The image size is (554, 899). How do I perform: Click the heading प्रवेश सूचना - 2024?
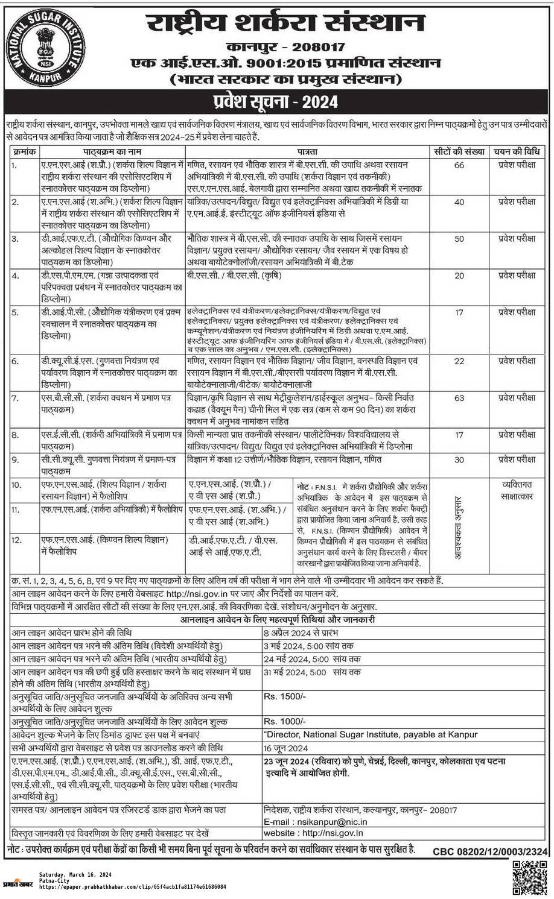pyautogui.click(x=277, y=100)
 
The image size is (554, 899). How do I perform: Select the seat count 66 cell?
pyautogui.click(x=459, y=165)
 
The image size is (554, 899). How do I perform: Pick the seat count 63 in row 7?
pyautogui.click(x=459, y=398)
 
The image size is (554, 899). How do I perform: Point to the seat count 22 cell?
pyautogui.click(x=459, y=361)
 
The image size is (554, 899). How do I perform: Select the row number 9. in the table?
pyautogui.click(x=16, y=459)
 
